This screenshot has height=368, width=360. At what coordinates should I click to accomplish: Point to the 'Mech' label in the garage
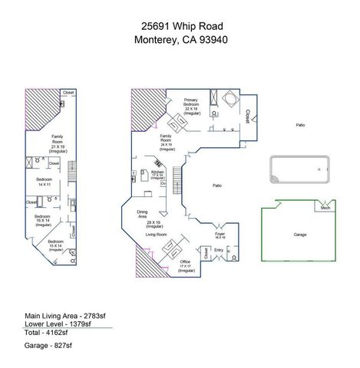coord(325,207)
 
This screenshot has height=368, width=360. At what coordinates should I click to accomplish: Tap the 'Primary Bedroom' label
coord(192,104)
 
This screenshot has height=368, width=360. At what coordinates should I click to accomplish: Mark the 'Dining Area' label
coord(142,214)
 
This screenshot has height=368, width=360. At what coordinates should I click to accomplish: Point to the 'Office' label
coord(185,262)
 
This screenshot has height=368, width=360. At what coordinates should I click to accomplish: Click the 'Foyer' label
coord(220,234)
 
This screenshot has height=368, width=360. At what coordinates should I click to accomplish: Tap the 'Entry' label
coord(218,250)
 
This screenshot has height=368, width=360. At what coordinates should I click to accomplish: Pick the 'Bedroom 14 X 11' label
coord(44,181)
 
